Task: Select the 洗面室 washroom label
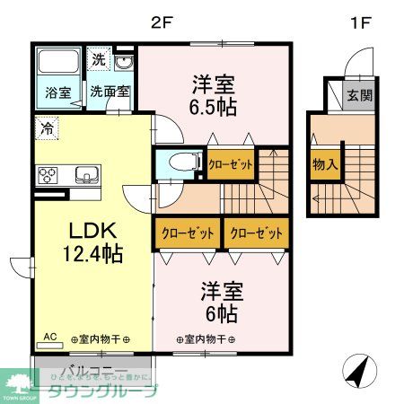tap(108, 92)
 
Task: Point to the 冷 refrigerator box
tap(47, 127)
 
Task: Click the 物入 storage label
tap(324, 165)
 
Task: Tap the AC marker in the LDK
tap(50, 338)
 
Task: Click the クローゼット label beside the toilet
tap(231, 164)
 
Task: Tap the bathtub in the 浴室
tap(59, 64)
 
